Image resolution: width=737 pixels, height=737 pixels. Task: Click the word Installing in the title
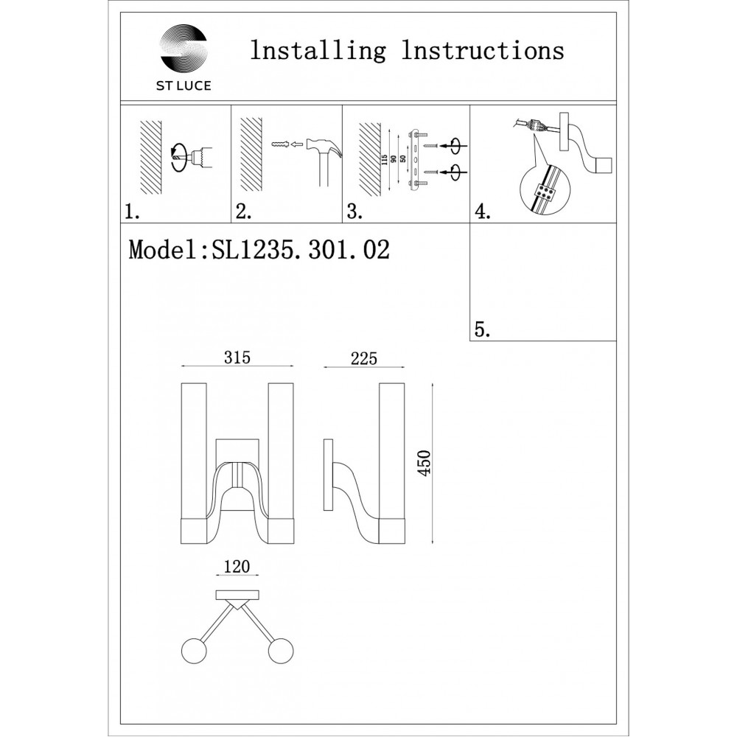coord(318,51)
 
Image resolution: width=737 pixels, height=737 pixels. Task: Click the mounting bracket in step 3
coord(417,160)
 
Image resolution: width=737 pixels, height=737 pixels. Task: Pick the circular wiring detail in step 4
coord(544,187)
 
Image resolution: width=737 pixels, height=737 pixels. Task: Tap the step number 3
coord(354,212)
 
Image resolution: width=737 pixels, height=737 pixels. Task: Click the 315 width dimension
coord(237,359)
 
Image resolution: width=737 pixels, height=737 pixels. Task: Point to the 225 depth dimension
coord(363,359)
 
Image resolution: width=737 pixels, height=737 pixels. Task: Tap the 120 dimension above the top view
coord(237,567)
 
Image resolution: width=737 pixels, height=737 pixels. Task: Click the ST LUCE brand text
coord(184,86)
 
